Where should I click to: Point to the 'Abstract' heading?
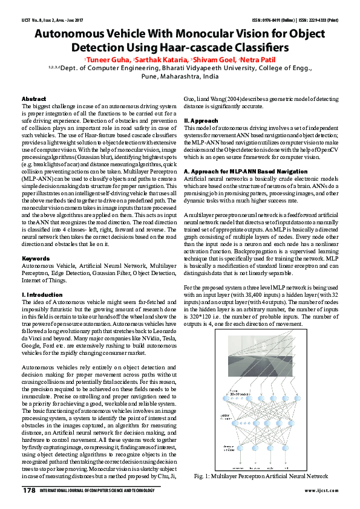(x=34, y=98)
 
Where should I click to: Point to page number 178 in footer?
(x=29, y=490)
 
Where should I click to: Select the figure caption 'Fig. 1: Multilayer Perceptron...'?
(x=261, y=477)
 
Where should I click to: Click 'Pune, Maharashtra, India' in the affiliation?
(x=180, y=77)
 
